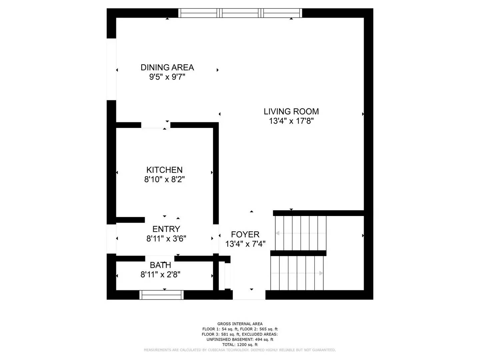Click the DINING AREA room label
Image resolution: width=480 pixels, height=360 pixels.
click(167, 67)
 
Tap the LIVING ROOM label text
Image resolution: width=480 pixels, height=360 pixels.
click(291, 111)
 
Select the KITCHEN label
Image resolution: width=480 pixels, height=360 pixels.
click(164, 170)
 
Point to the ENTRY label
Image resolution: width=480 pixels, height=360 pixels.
click(166, 229)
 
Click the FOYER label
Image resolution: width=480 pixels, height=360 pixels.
click(245, 234)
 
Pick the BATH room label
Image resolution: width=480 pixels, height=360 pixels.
click(160, 265)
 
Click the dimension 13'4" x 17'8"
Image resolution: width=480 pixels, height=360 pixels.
click(291, 121)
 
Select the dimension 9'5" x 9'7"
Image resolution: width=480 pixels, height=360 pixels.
click(167, 77)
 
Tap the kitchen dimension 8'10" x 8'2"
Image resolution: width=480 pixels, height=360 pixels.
click(164, 179)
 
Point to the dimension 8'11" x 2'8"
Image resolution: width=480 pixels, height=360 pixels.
click(160, 275)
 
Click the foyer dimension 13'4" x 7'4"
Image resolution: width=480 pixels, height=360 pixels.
click(245, 244)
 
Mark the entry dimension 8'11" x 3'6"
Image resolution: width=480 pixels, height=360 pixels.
click(166, 239)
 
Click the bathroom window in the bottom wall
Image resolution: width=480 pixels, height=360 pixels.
click(162, 295)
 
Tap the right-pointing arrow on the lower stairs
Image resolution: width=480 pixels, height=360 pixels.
click(321, 273)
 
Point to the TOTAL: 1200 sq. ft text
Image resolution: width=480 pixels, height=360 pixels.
click(240, 345)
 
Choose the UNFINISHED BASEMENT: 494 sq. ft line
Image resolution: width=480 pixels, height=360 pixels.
click(240, 339)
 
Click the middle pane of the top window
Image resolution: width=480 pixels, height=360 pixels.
click(240, 13)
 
